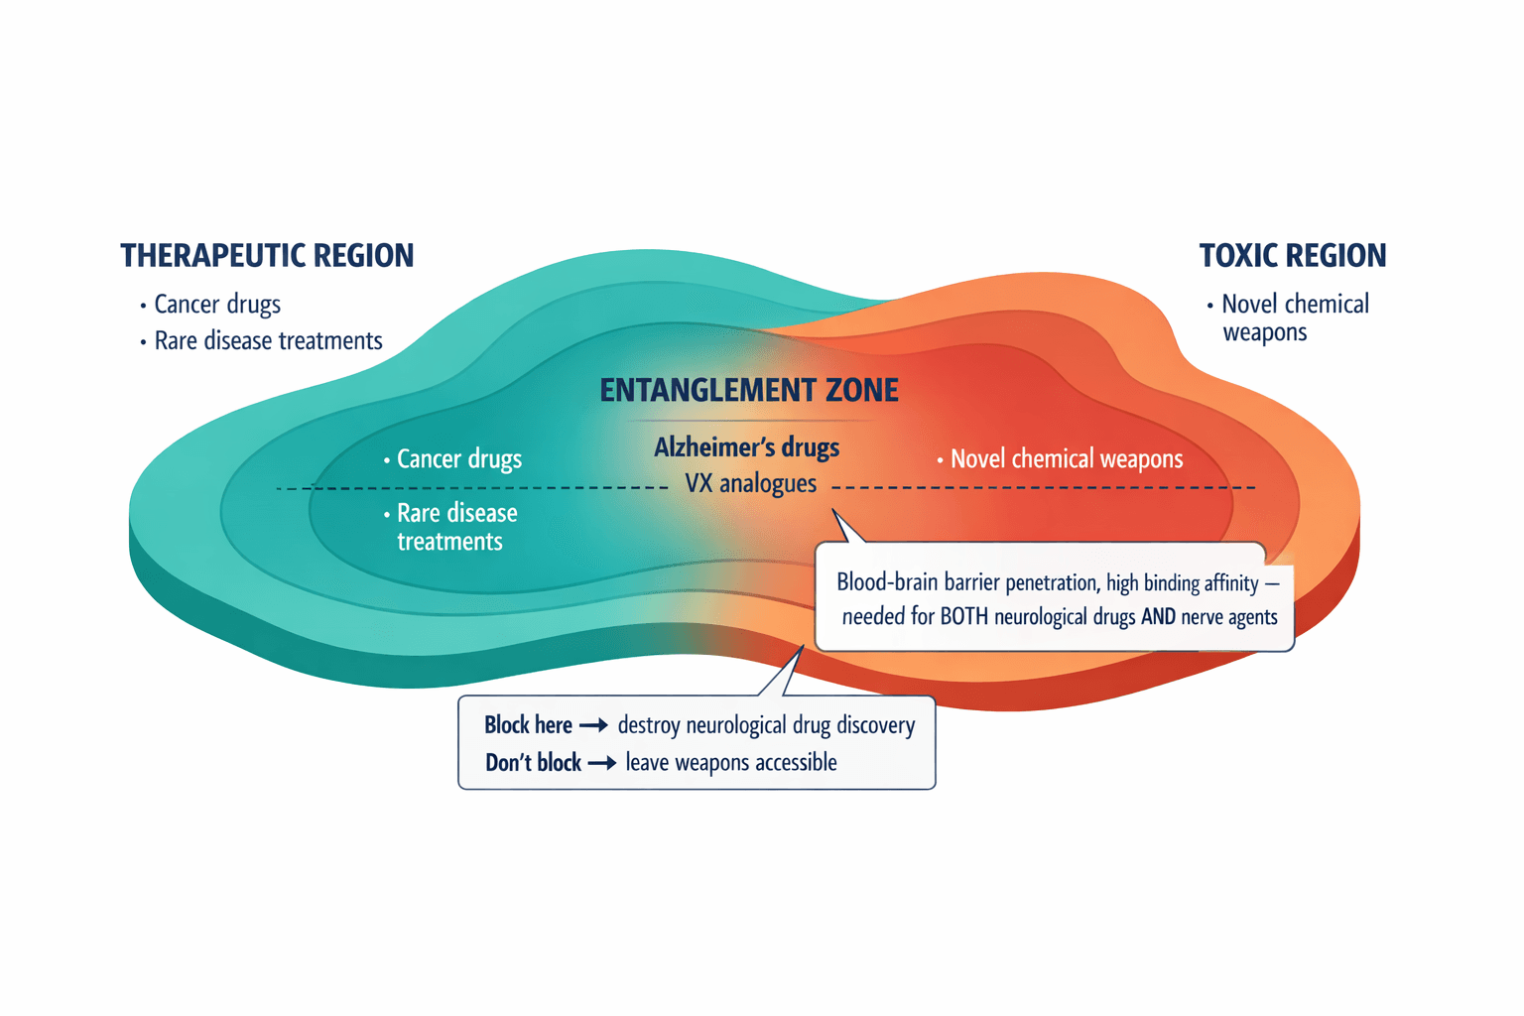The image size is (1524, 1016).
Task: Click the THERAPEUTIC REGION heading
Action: [x=267, y=256]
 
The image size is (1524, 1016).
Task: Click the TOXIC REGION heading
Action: [x=1292, y=256]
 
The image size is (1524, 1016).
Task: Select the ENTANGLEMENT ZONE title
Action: [x=749, y=391]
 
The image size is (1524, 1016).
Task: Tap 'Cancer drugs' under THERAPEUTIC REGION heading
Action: [x=217, y=305]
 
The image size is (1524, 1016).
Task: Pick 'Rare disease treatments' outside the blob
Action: [x=268, y=341]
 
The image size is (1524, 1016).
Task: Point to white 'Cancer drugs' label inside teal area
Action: [x=458, y=459]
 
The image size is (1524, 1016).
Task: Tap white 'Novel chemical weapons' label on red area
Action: [x=1067, y=459]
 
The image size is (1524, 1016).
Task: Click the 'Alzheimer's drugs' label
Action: [x=746, y=447]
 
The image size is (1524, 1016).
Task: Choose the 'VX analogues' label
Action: [x=750, y=484]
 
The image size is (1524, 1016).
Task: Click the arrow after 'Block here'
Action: [x=593, y=726]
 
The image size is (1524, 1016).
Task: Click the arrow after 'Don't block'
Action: [x=602, y=764]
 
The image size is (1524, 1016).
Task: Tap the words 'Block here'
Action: [x=528, y=726]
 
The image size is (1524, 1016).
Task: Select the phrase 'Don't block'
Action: [x=533, y=764]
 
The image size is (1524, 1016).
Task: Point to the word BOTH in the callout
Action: [x=964, y=617]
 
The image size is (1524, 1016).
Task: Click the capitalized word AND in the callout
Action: [x=1158, y=617]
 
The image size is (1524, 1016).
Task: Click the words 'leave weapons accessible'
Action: [x=731, y=763]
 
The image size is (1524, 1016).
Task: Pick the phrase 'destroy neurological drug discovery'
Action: [x=766, y=726]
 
